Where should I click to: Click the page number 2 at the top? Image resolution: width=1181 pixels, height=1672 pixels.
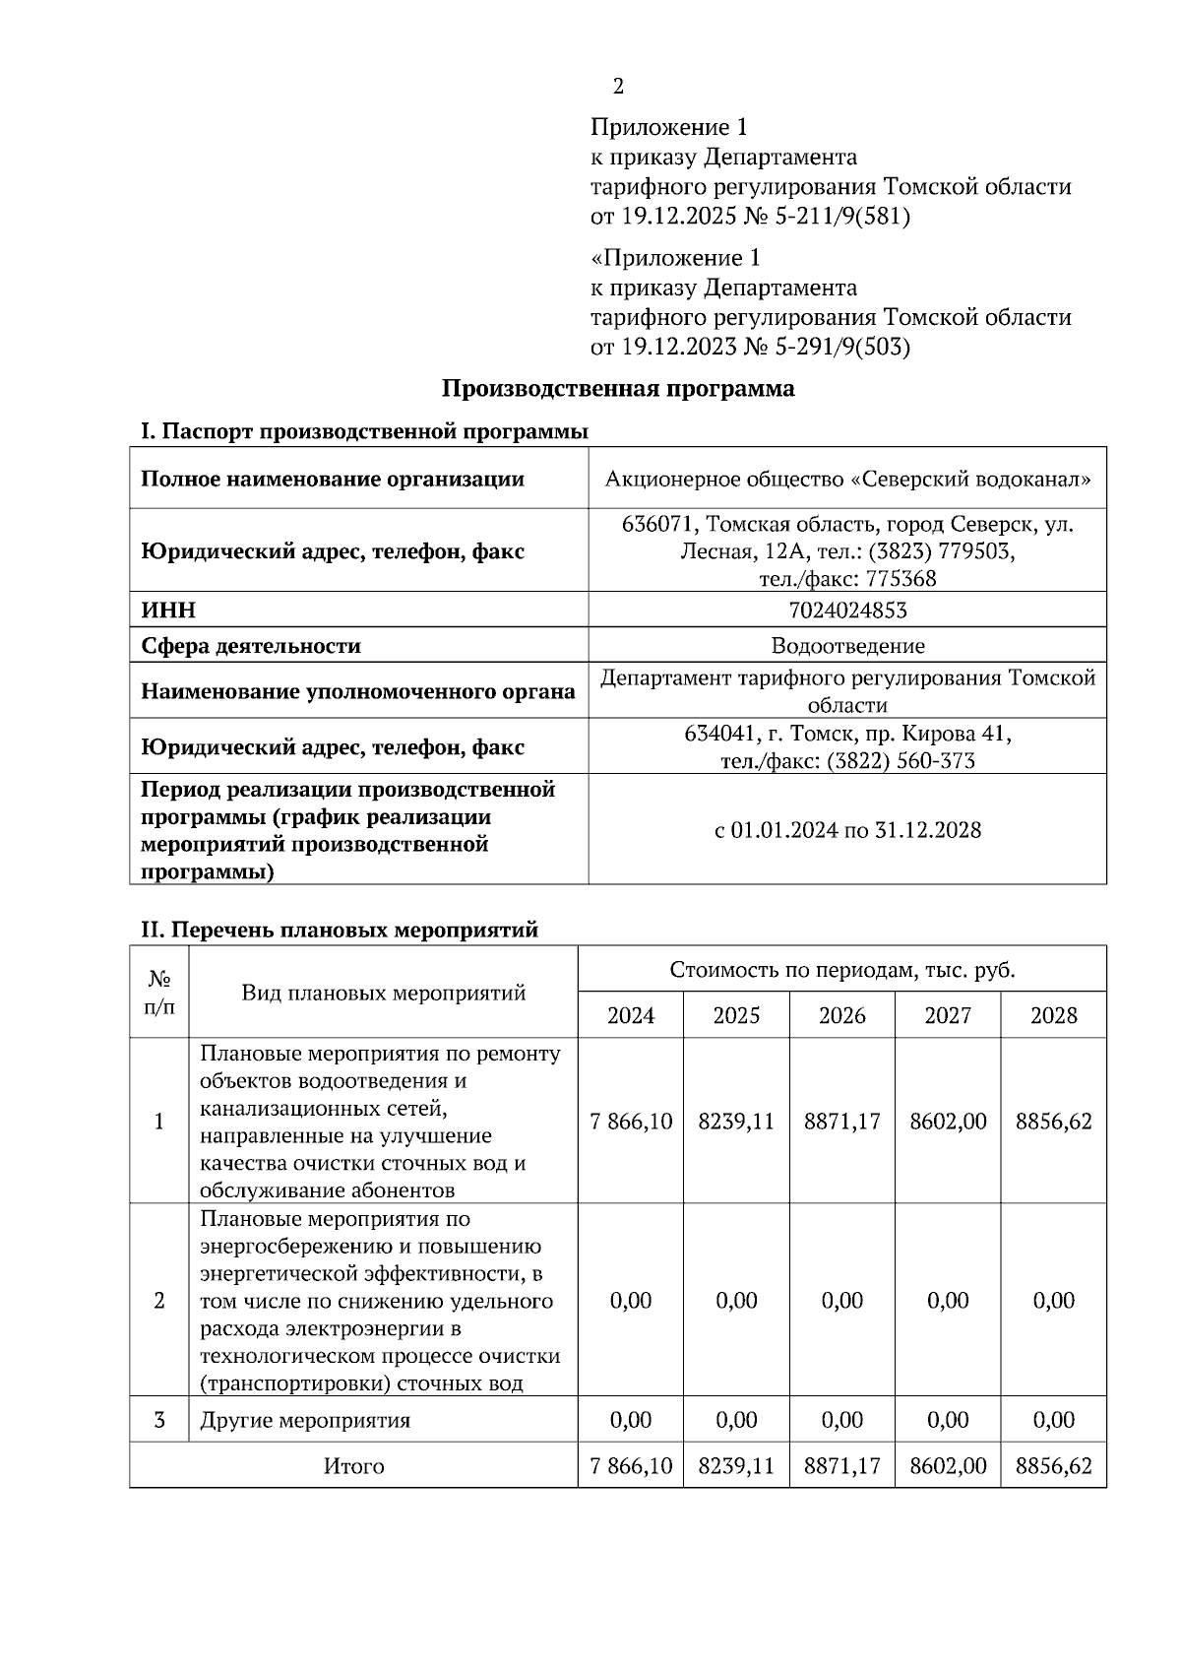pos(618,87)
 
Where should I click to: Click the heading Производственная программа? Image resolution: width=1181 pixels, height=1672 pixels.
pos(617,388)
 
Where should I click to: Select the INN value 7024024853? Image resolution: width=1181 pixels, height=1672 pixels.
pos(847,611)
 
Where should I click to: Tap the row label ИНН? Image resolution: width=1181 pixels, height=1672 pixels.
pos(168,611)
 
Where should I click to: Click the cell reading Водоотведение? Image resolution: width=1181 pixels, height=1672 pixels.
pos(847,646)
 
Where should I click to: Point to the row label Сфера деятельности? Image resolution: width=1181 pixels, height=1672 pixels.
pos(251,646)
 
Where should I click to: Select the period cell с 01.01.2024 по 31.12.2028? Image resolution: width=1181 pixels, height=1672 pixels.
pos(847,830)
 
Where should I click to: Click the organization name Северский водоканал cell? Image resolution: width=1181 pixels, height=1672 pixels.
pos(847,480)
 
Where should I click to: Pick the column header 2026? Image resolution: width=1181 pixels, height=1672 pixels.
pos(842,1015)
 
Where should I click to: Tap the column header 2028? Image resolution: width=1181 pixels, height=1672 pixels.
pos(1053,1015)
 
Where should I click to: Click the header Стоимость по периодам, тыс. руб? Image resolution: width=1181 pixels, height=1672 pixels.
pos(841,970)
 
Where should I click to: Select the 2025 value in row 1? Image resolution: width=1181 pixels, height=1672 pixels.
pos(736,1122)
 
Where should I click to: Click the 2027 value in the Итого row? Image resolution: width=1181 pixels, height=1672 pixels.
pos(948,1466)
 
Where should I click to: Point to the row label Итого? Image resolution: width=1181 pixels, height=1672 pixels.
pos(353,1466)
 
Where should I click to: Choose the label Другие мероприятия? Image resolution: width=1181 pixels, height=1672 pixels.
pos(305,1420)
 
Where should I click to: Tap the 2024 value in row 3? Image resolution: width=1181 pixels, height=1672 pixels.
pos(631,1420)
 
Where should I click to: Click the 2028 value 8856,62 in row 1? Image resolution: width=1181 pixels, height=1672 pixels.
pos(1053,1122)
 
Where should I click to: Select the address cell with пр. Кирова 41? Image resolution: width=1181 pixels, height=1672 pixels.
pos(847,747)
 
